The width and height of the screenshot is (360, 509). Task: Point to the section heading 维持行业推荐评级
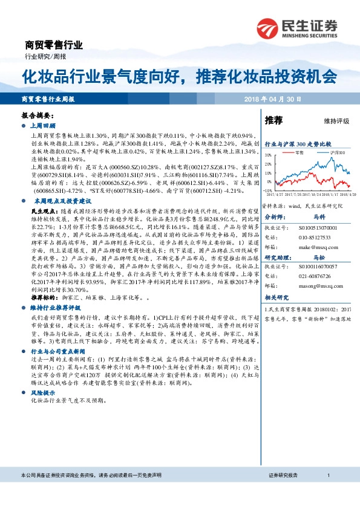(54, 308)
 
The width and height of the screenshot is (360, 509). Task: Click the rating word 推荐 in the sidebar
(274, 120)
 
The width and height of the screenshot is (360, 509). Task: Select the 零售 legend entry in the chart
(301, 153)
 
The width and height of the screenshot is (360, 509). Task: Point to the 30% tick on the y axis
(269, 155)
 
